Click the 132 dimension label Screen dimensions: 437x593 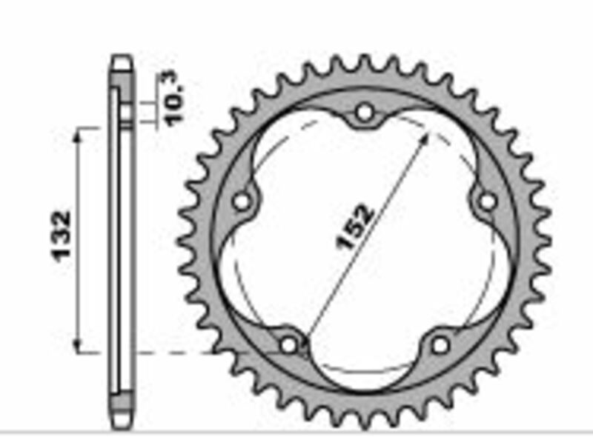[x=62, y=236]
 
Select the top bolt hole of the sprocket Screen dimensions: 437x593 [x=364, y=113]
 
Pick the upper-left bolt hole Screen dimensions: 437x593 [x=242, y=201]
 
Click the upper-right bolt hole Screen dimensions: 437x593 [x=486, y=201]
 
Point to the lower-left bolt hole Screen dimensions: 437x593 [x=289, y=344]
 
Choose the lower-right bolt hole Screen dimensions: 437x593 [x=440, y=344]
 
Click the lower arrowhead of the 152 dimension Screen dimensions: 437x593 [x=306, y=334]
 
